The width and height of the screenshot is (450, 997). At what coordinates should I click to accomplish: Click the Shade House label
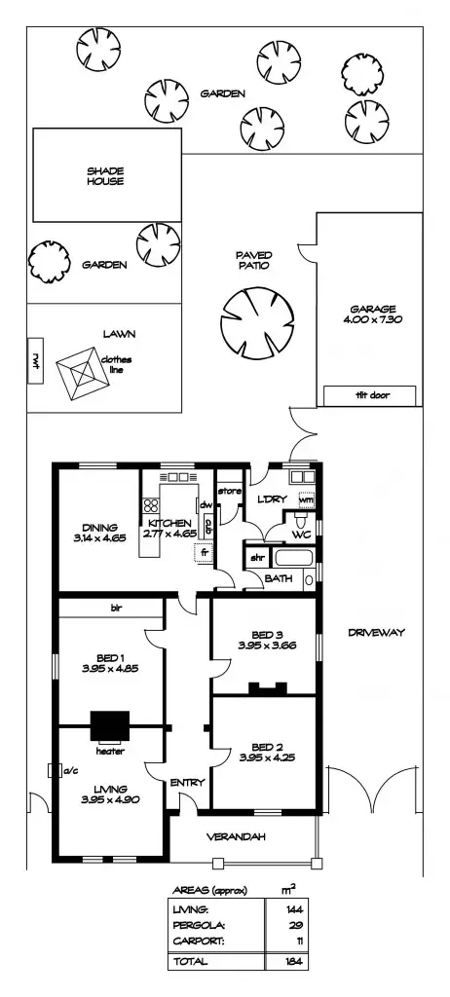click(105, 176)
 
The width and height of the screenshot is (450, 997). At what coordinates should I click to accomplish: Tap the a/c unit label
click(69, 771)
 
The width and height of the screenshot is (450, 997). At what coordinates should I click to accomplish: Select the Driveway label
click(375, 633)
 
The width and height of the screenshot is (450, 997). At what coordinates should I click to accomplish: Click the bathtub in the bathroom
click(292, 560)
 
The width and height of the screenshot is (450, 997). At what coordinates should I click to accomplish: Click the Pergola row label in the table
click(194, 926)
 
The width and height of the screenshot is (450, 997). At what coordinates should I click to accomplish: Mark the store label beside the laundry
click(229, 490)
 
